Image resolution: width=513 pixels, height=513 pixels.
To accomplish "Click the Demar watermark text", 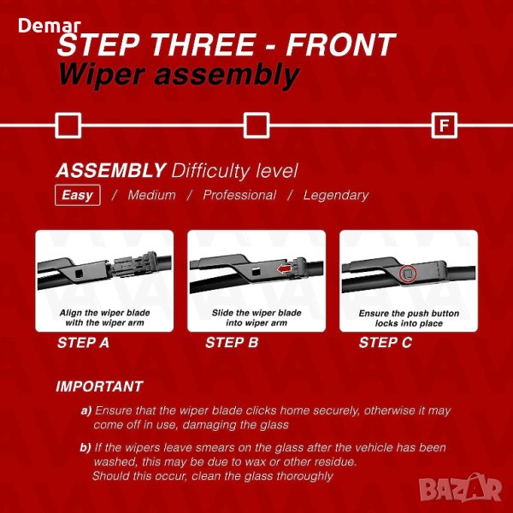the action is coord(50,26).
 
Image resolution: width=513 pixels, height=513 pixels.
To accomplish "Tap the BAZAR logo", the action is coord(460,488).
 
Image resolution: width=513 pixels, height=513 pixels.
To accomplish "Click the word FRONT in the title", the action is coord(340,44).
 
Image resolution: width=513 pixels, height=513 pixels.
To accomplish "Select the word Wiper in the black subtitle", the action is coord(102,76).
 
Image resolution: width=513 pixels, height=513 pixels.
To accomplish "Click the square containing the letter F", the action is coord(444,126).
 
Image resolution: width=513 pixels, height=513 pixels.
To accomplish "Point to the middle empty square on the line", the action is coord(256,126).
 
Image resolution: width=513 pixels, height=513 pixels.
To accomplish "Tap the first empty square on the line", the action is coord(68,126).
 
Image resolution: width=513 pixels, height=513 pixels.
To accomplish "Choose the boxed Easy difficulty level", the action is coord(78,195).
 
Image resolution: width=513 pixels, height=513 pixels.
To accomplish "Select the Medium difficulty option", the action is coord(152,195).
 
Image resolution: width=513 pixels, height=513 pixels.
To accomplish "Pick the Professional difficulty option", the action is coord(239,195).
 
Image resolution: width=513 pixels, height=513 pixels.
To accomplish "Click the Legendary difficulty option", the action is coord(336,195).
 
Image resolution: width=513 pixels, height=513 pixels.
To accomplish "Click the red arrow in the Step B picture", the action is coord(284,269).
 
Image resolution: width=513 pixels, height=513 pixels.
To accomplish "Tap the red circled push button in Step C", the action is coord(408,274).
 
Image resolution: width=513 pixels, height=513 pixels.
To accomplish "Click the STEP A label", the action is coord(83,343).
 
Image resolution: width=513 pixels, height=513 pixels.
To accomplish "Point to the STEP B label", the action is coord(232,343).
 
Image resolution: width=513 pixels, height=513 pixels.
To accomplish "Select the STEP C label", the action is coord(385,343).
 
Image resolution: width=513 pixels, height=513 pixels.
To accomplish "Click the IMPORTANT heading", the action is coord(99,386).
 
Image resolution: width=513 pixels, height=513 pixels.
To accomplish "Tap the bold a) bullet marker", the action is coord(86,410).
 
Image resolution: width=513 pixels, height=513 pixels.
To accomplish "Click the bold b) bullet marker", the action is coord(85,447).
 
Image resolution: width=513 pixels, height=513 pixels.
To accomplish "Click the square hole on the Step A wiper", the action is coord(80,274).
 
